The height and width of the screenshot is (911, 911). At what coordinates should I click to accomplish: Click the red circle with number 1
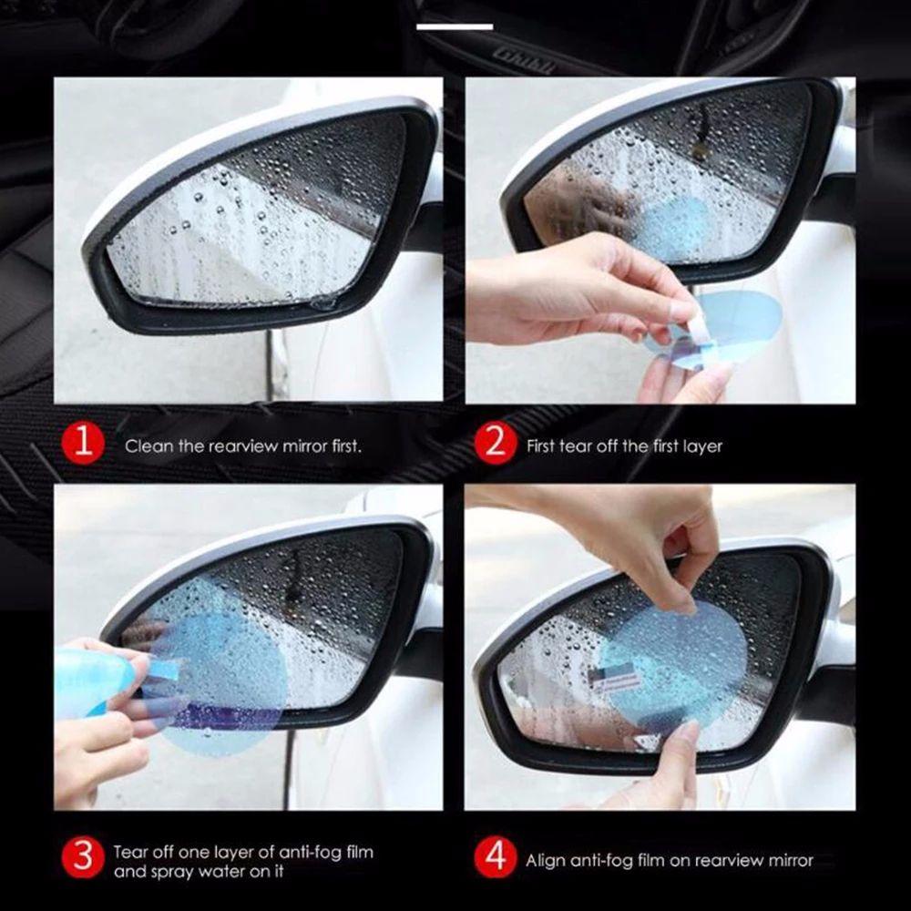(x=84, y=445)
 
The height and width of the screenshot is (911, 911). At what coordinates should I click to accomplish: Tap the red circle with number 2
(x=496, y=445)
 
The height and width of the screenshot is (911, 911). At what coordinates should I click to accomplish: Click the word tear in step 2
(x=597, y=446)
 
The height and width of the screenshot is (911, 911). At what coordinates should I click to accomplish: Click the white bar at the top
(x=455, y=26)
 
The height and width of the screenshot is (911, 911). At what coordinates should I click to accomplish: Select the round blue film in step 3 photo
(x=223, y=674)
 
